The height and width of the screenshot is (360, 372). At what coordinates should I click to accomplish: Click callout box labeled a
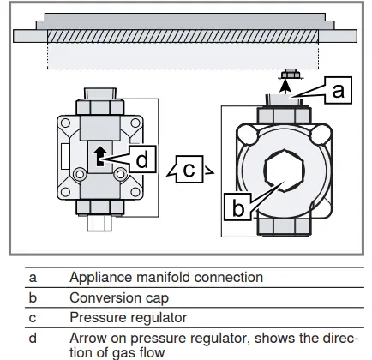click(x=339, y=90)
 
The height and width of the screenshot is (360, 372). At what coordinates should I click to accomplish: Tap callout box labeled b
click(x=237, y=207)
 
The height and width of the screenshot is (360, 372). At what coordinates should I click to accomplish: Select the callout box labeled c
click(x=189, y=170)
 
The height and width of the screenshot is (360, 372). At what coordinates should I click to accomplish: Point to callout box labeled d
click(x=142, y=159)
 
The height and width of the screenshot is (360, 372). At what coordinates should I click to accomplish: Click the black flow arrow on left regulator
click(x=100, y=156)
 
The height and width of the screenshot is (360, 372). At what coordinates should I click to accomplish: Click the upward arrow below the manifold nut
click(x=285, y=87)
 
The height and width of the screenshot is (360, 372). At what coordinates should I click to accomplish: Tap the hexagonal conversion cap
click(x=284, y=171)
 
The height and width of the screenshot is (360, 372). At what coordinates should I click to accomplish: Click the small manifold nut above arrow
click(x=291, y=75)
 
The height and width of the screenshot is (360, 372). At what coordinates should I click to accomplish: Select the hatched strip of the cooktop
click(x=183, y=37)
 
